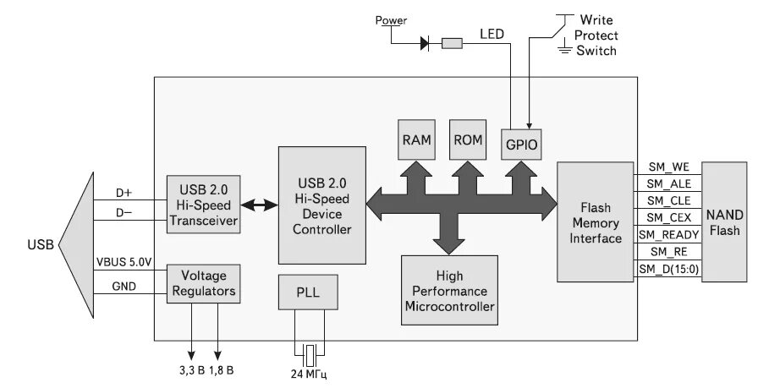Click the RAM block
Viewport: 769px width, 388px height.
(x=415, y=139)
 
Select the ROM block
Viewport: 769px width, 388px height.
(x=467, y=139)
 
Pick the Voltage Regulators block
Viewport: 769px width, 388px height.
(x=203, y=284)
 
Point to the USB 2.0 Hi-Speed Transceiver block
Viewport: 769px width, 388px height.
(x=203, y=204)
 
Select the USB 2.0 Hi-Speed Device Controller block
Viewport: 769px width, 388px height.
(x=321, y=205)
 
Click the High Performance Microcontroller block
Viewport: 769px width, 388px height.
(x=449, y=290)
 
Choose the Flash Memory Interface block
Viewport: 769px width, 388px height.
(x=596, y=222)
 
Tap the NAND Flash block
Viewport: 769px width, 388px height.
(x=725, y=222)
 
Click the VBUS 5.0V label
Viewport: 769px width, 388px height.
(x=124, y=263)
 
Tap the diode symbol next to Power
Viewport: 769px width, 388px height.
(x=426, y=42)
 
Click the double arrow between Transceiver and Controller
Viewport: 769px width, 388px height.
(x=259, y=205)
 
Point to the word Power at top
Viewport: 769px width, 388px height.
(x=391, y=20)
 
